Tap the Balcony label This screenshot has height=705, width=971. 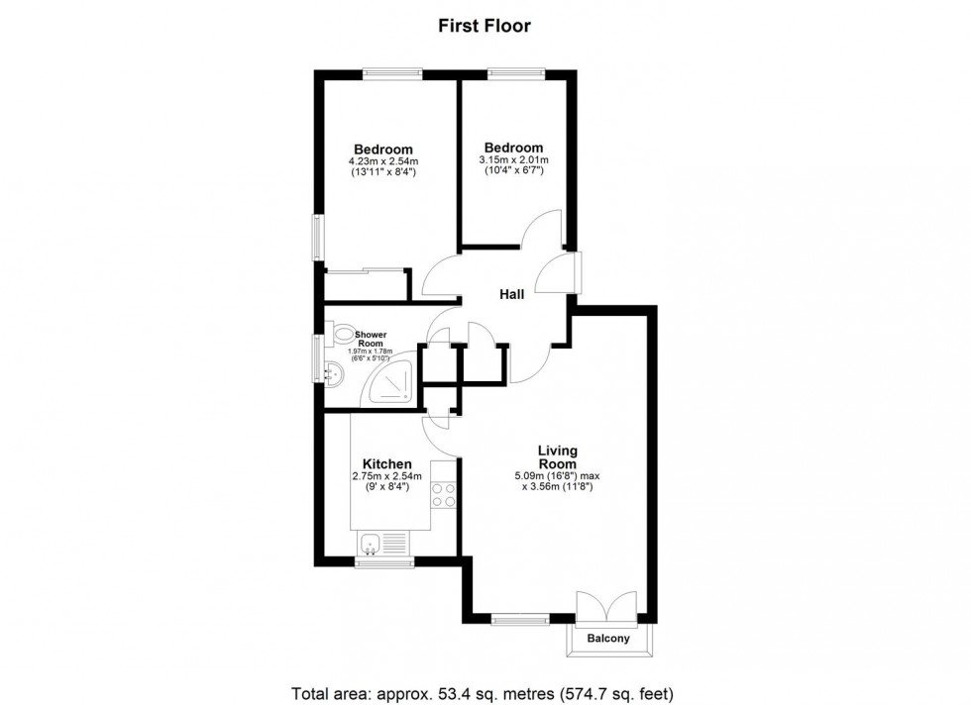608,639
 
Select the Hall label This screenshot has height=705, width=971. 511,293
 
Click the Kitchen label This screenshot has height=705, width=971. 386,464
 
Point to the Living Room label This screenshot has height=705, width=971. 557,456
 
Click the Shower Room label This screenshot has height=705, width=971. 371,339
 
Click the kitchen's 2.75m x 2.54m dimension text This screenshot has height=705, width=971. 386,476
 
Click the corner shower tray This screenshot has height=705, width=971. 395,386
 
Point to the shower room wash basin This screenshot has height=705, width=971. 333,373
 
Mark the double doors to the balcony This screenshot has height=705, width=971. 608,606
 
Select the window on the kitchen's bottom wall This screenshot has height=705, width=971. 384,564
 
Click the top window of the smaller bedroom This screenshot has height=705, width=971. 514,70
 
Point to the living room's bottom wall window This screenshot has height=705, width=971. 520,621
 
